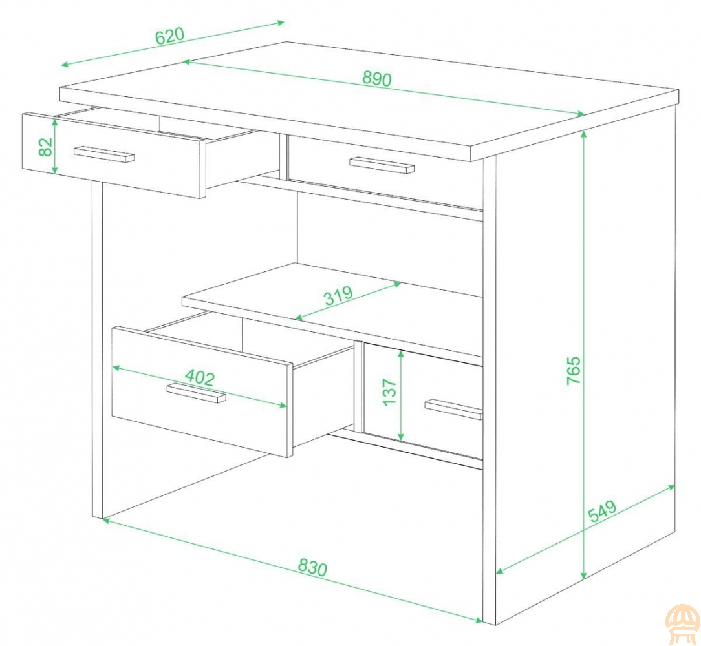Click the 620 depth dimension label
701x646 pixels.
click(x=169, y=36)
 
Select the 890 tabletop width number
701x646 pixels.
click(x=377, y=79)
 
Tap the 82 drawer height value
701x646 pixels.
click(x=46, y=147)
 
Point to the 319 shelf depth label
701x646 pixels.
click(x=338, y=295)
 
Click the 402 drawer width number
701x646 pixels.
click(x=200, y=377)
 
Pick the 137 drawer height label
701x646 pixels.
click(x=390, y=392)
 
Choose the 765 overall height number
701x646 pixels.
click(x=574, y=370)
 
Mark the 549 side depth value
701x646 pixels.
click(x=602, y=512)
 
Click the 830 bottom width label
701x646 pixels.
click(x=313, y=568)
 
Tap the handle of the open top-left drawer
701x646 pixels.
click(x=104, y=154)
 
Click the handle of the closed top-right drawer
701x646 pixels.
click(x=382, y=165)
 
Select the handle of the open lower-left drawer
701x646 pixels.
click(x=196, y=393)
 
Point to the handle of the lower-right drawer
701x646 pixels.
click(x=453, y=409)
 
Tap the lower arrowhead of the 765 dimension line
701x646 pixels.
click(x=583, y=575)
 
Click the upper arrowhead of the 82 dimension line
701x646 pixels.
click(x=55, y=121)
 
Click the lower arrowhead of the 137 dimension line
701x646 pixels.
click(x=401, y=436)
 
